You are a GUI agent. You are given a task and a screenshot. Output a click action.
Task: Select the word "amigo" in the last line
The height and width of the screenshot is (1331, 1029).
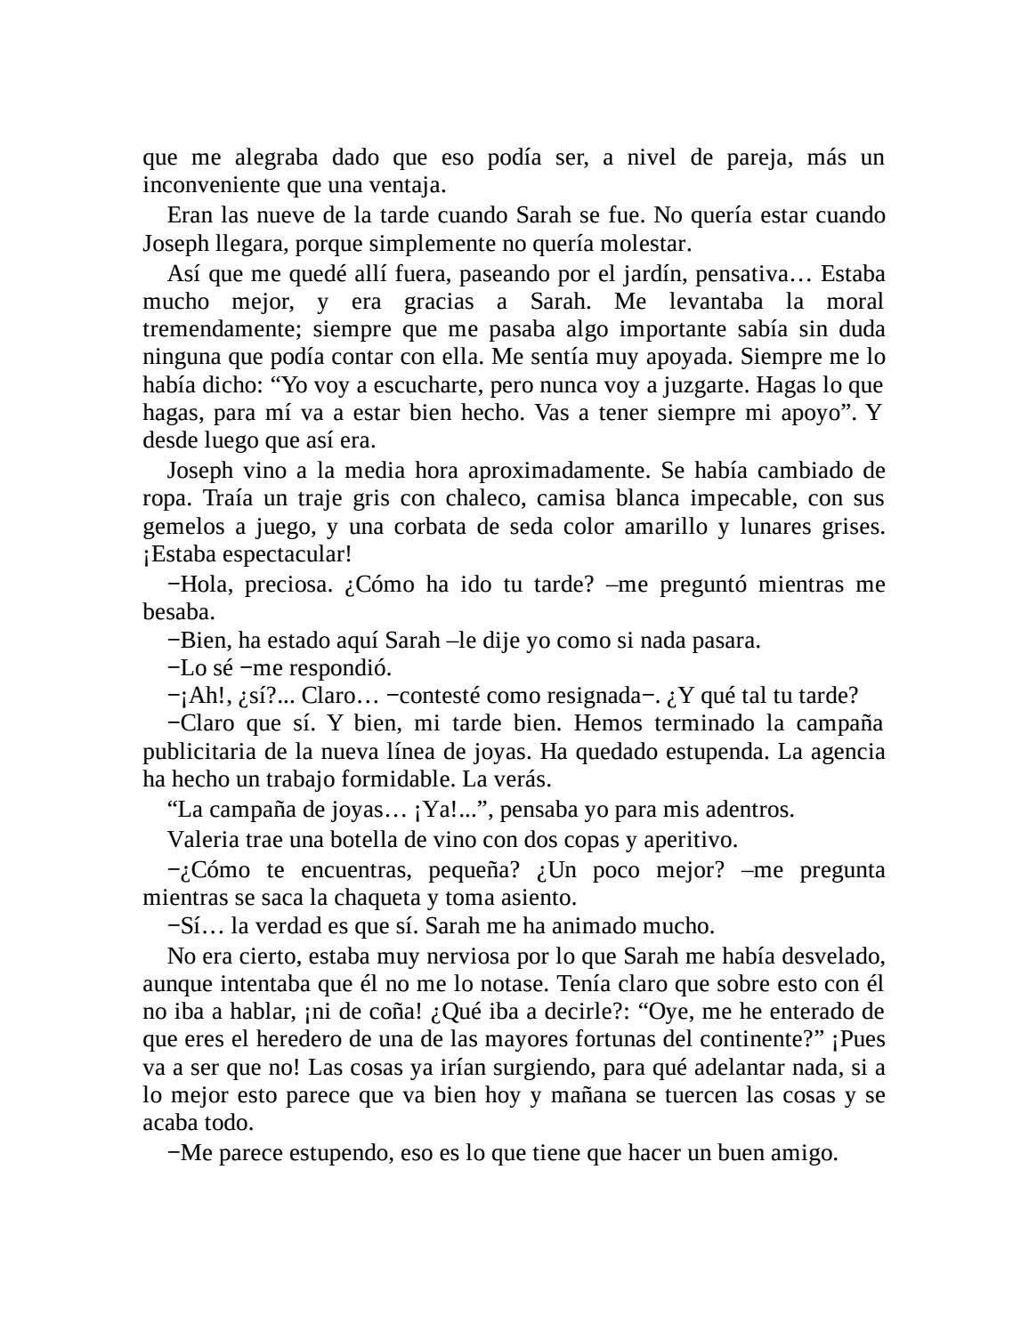tap(806, 1153)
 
